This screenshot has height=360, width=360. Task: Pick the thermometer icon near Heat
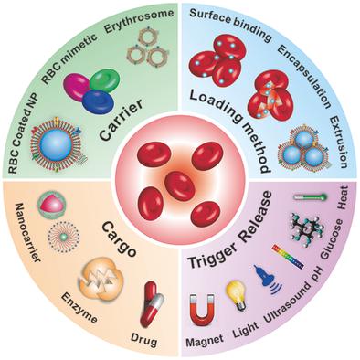pos(304,197)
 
